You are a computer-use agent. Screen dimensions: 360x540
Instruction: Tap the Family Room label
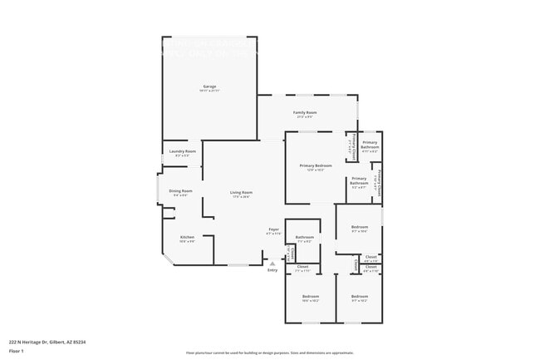click(x=306, y=111)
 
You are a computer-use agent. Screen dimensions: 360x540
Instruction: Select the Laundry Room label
click(x=182, y=150)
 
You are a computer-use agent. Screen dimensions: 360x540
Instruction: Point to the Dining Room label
click(x=180, y=190)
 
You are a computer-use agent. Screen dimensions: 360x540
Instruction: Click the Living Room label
click(x=241, y=192)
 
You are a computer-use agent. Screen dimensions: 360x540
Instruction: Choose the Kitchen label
click(x=187, y=237)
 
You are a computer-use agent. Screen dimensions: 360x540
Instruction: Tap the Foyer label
click(x=273, y=229)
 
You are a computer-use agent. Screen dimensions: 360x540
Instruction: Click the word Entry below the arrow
click(x=272, y=270)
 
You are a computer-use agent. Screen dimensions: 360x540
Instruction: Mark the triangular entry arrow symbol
click(x=272, y=263)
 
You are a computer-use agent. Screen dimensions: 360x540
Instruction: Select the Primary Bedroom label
click(x=316, y=165)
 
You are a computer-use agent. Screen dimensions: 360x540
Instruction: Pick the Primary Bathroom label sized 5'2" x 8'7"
click(x=359, y=180)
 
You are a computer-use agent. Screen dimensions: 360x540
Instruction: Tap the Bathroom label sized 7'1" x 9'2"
click(x=304, y=237)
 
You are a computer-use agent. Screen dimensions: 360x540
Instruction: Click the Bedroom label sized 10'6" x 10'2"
click(x=310, y=296)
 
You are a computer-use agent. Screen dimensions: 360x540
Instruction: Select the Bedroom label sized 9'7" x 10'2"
click(x=359, y=296)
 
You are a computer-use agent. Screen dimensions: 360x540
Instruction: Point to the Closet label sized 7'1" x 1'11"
click(x=302, y=267)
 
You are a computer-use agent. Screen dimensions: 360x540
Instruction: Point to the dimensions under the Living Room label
click(x=241, y=197)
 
